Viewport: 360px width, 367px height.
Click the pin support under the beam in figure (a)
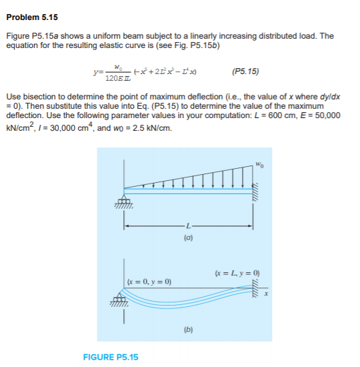(124, 202)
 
